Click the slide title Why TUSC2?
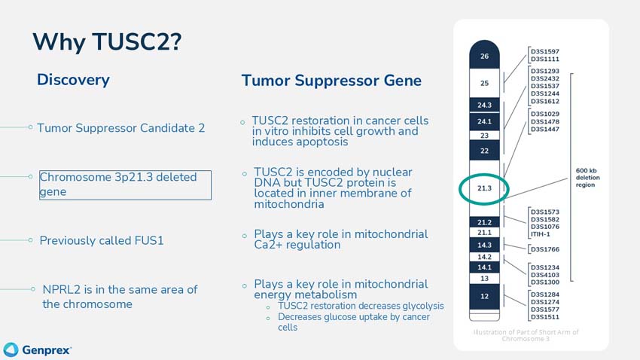(107, 41)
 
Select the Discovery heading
(73, 80)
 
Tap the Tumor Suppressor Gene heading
(331, 81)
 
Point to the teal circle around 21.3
(484, 188)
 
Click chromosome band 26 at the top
(484, 56)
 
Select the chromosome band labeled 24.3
(484, 105)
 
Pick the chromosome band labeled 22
(484, 151)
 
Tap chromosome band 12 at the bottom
(484, 296)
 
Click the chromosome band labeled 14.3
(484, 245)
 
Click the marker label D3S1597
(545, 51)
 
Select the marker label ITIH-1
(541, 234)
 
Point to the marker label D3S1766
(545, 249)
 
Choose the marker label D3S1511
(545, 317)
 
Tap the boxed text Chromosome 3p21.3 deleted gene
(125, 185)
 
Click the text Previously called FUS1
(102, 241)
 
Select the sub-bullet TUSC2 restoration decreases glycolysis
(361, 307)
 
